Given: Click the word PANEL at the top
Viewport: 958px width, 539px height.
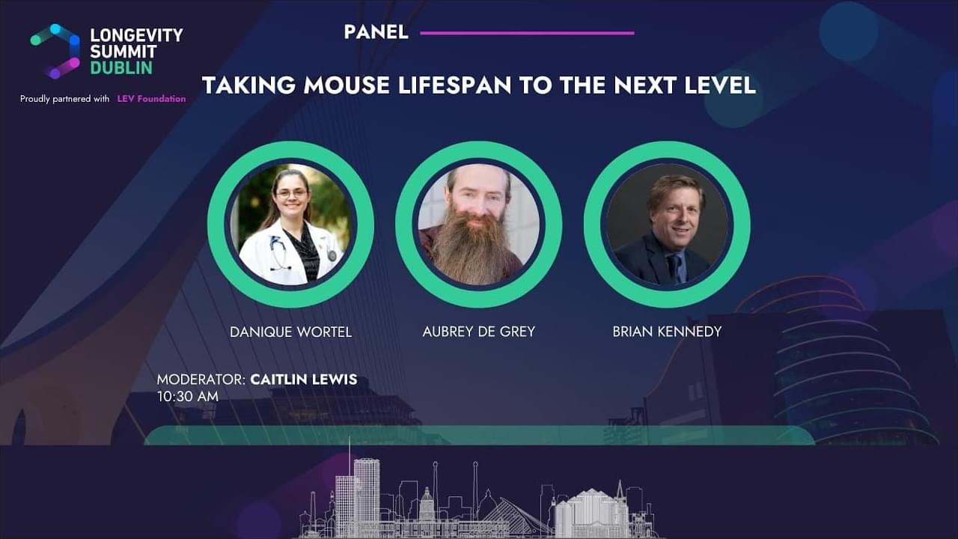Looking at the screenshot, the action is pyautogui.click(x=376, y=32).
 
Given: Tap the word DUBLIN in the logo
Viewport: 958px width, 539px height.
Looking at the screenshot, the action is pyautogui.click(x=121, y=68).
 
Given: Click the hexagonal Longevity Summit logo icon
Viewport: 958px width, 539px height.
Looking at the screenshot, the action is pyautogui.click(x=55, y=52).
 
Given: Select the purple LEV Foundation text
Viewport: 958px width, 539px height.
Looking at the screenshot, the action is pyautogui.click(x=151, y=99).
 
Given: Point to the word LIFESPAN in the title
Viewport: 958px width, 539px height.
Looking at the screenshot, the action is pyautogui.click(x=455, y=85).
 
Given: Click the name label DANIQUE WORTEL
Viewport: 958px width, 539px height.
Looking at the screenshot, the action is pyautogui.click(x=291, y=332).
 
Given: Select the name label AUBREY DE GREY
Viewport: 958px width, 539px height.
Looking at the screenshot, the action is pyautogui.click(x=478, y=332).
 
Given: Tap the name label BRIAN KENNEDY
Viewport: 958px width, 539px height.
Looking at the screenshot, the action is pyautogui.click(x=667, y=332).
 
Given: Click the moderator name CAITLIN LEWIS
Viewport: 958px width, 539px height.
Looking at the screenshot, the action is pyautogui.click(x=304, y=380).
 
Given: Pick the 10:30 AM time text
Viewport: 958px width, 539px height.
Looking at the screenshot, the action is pyautogui.click(x=188, y=397).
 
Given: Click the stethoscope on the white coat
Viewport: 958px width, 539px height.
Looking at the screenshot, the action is pyautogui.click(x=278, y=253).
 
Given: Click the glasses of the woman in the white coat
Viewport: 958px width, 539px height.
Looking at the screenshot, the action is pyautogui.click(x=292, y=193).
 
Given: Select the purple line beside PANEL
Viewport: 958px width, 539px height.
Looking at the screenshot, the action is pyautogui.click(x=528, y=33).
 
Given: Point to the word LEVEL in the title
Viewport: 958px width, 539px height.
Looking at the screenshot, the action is pyautogui.click(x=720, y=85).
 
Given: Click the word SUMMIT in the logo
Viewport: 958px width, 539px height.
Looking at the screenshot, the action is pyautogui.click(x=123, y=52).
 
